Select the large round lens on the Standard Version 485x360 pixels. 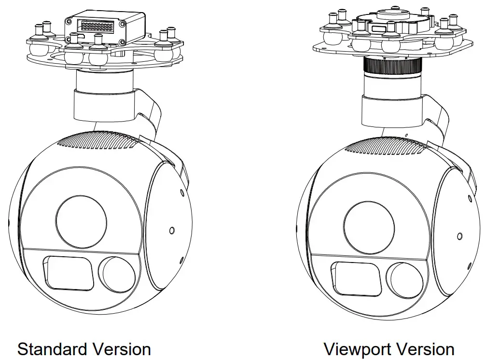(81, 220)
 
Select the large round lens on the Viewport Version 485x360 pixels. (369, 221)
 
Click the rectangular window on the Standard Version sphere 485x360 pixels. (69, 273)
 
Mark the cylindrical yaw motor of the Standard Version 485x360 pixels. (102, 103)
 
